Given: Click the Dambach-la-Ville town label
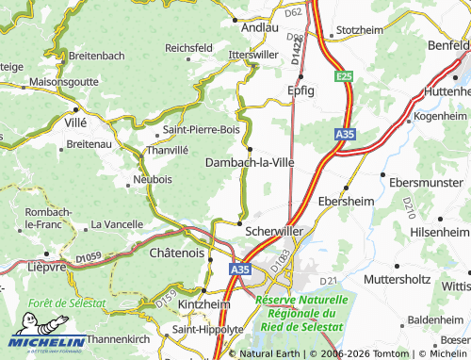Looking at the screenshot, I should tap(250, 162).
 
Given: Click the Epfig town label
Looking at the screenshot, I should tap(300, 90).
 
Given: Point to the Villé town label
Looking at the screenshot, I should tap(73, 123).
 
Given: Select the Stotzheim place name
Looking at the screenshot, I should tap(364, 30).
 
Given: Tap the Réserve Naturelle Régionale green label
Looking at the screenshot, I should tap(301, 312).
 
